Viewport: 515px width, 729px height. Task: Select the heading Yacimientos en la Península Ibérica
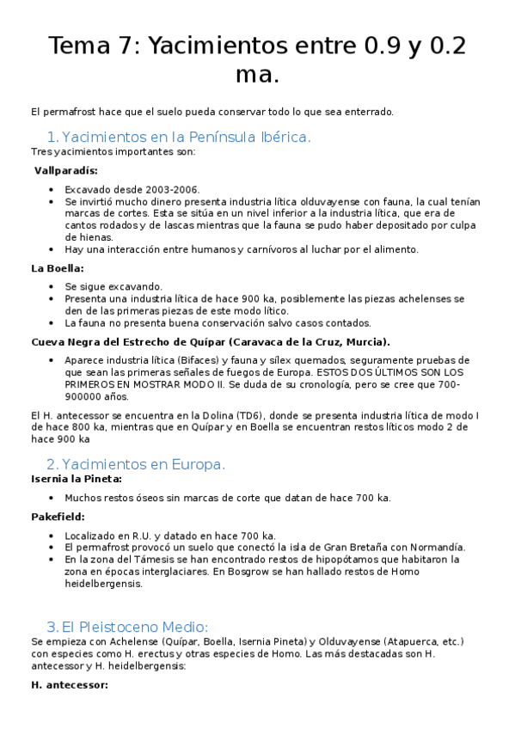[x=186, y=137]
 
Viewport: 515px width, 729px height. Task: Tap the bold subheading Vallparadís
[x=66, y=170]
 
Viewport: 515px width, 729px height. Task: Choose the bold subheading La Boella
[x=58, y=268]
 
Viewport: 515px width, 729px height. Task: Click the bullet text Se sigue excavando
[x=113, y=286]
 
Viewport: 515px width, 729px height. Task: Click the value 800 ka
[x=92, y=426]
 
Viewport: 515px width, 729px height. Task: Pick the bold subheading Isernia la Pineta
[x=77, y=479]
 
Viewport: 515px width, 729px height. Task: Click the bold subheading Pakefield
[x=58, y=517]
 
